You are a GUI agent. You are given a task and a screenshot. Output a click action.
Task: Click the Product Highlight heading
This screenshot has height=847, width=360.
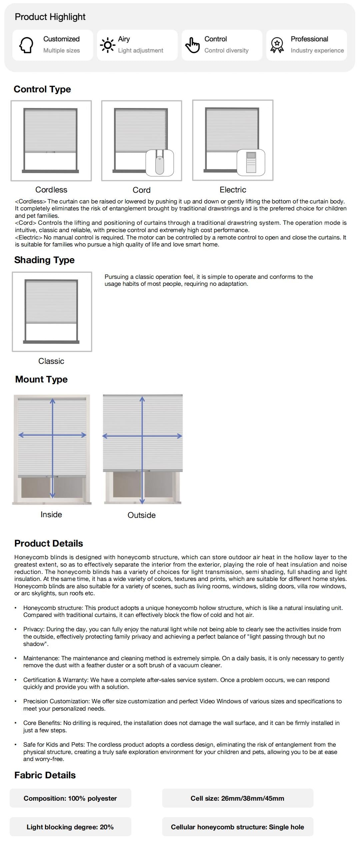(50, 17)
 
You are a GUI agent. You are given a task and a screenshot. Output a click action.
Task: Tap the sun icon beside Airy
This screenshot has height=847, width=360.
(107, 45)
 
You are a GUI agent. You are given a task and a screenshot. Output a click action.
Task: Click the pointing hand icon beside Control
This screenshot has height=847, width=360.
(192, 45)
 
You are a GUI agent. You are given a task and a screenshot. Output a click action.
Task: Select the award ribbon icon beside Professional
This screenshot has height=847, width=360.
(277, 45)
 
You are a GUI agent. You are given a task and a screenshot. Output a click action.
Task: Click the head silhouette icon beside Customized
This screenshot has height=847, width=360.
(26, 45)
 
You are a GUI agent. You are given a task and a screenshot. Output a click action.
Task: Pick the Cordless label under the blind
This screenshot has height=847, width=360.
(51, 190)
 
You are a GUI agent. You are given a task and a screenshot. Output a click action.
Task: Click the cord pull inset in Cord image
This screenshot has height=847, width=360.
(160, 163)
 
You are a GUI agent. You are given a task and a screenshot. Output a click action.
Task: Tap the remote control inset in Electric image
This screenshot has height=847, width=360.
(251, 163)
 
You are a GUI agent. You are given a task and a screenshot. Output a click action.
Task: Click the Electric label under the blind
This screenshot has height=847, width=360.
(233, 190)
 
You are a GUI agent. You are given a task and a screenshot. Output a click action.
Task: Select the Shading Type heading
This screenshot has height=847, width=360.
(44, 260)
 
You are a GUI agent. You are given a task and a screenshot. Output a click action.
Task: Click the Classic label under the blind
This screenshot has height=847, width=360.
(51, 361)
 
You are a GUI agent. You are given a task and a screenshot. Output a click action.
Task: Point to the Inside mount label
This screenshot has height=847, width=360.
(51, 515)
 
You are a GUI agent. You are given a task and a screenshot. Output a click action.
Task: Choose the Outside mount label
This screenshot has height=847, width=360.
(142, 515)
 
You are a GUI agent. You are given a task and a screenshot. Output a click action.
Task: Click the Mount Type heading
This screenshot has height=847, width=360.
(41, 379)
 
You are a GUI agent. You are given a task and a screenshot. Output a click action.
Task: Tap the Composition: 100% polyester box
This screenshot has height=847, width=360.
(70, 798)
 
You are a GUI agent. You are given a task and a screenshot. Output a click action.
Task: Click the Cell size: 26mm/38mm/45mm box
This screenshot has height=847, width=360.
(238, 798)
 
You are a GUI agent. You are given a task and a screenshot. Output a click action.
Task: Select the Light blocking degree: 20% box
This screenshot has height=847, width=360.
(70, 827)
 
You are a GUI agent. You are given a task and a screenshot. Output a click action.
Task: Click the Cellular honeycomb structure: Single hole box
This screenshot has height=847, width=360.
(238, 827)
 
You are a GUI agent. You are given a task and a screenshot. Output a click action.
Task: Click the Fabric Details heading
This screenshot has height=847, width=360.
(45, 775)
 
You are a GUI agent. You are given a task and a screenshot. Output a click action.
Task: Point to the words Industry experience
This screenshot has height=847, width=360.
(317, 51)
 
